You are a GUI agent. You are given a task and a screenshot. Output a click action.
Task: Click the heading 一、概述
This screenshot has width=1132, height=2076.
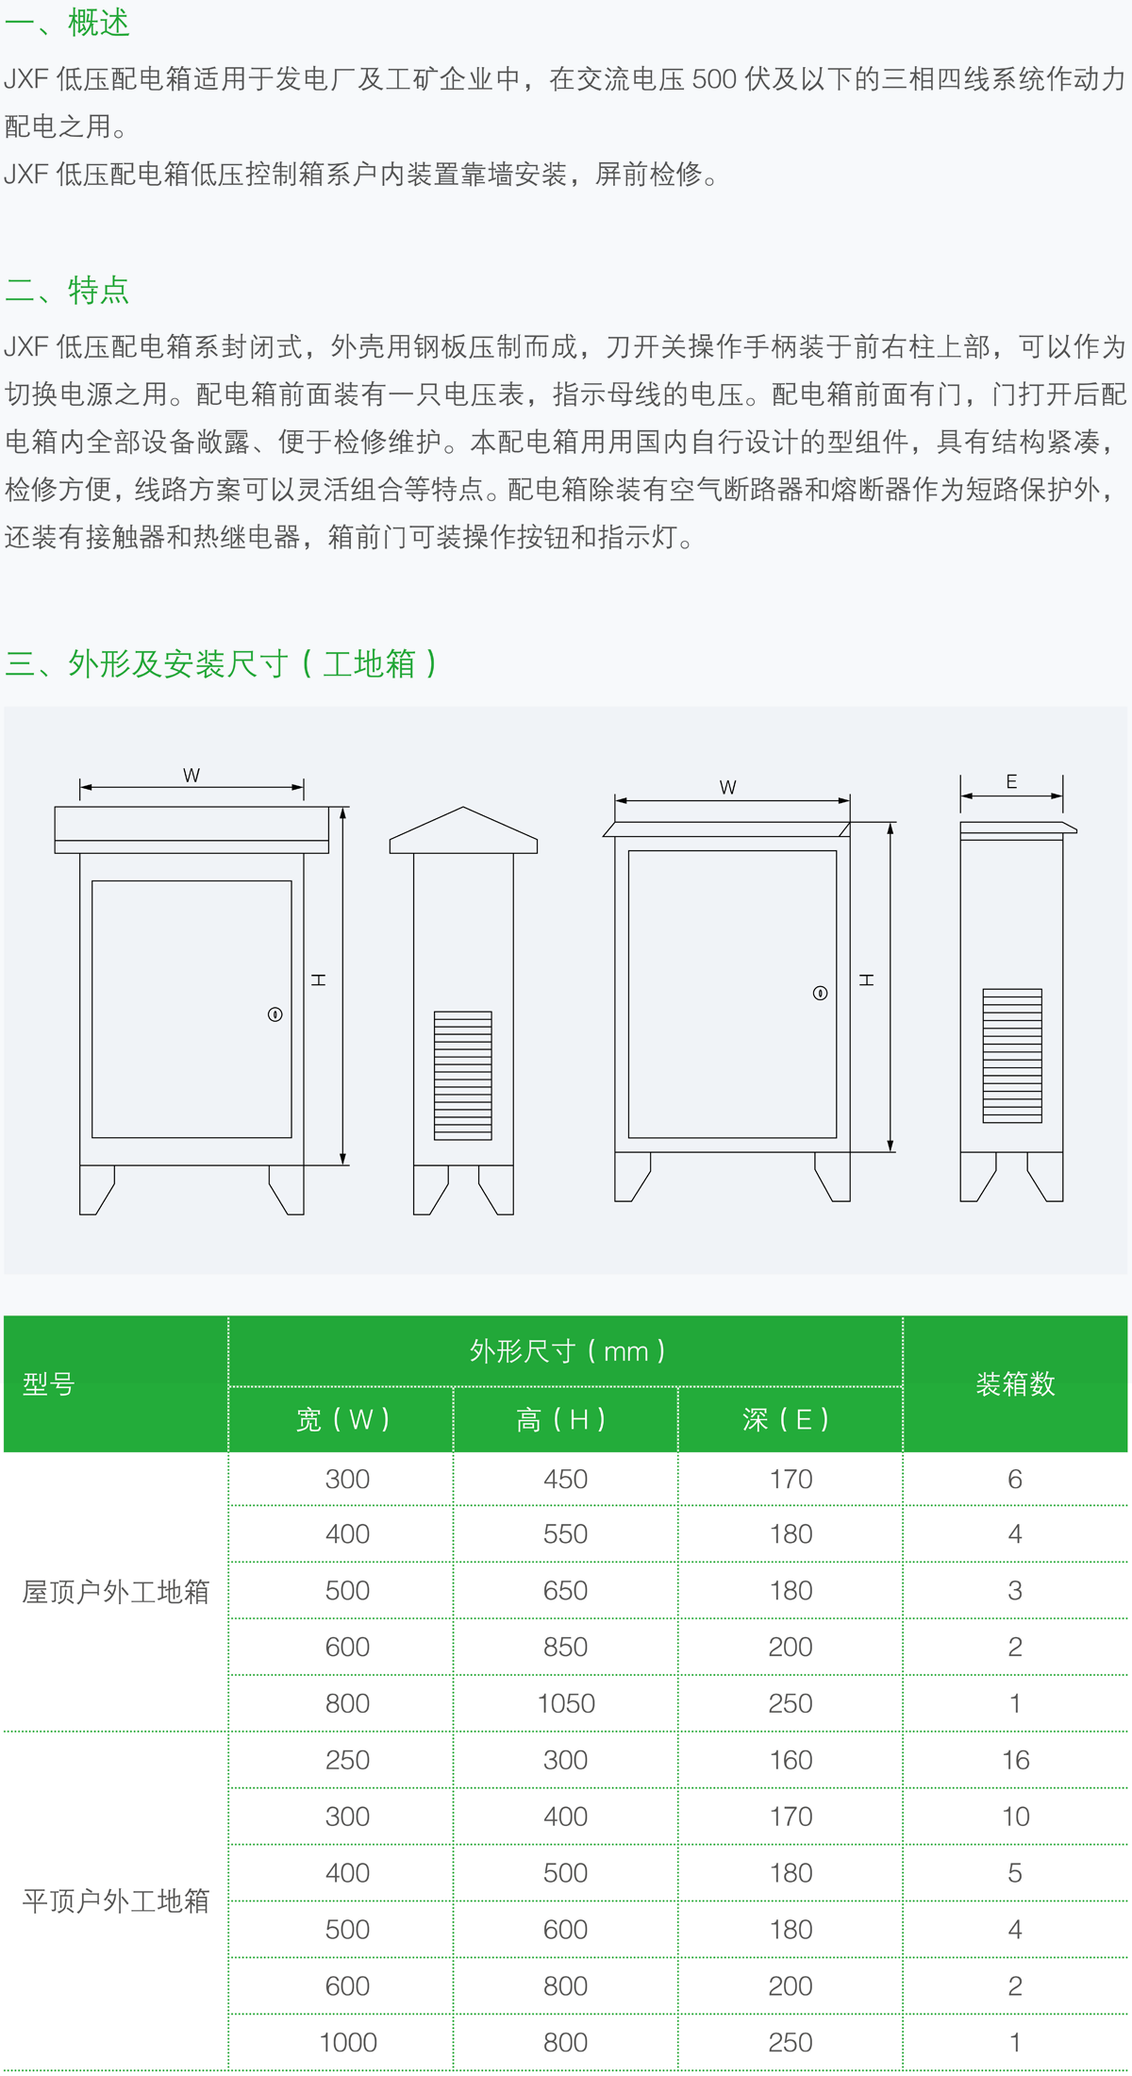(67, 23)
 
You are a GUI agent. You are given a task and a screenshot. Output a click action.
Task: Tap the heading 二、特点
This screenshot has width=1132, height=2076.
(67, 290)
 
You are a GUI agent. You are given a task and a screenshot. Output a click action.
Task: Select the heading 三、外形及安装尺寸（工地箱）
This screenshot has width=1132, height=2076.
(222, 663)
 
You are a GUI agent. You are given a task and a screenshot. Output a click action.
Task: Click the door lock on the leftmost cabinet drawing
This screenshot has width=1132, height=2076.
(275, 1014)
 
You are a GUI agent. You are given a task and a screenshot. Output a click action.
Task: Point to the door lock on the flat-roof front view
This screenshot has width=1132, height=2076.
(820, 993)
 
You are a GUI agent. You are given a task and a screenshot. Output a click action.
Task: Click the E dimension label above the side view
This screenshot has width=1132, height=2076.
(1011, 781)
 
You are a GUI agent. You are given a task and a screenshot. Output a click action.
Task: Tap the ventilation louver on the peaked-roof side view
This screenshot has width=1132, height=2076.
(463, 1076)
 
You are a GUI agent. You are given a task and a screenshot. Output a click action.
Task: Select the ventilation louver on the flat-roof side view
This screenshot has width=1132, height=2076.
(1012, 1055)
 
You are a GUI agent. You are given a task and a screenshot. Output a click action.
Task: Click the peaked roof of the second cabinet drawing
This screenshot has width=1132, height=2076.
(463, 830)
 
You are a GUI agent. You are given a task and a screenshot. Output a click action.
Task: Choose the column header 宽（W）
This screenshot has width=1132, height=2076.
(341, 1419)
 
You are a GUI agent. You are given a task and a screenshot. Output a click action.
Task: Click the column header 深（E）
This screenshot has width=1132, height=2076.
(786, 1419)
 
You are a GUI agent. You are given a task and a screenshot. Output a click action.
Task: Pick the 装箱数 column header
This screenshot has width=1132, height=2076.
(1015, 1384)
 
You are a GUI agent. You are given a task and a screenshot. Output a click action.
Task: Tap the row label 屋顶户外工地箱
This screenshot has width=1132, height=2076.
(116, 1592)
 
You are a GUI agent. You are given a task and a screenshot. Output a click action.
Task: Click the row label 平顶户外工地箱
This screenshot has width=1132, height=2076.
(116, 1900)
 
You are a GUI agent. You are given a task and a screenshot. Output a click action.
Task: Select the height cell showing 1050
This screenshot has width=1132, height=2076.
(566, 1703)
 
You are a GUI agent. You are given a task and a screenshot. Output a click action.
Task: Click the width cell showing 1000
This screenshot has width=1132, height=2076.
(348, 2042)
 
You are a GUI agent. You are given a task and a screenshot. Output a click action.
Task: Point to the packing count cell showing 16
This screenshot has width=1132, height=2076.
(1015, 1760)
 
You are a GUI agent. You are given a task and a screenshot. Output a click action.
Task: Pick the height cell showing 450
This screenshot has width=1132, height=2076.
(566, 1479)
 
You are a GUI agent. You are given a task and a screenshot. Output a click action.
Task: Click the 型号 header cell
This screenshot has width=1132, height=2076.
(49, 1384)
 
